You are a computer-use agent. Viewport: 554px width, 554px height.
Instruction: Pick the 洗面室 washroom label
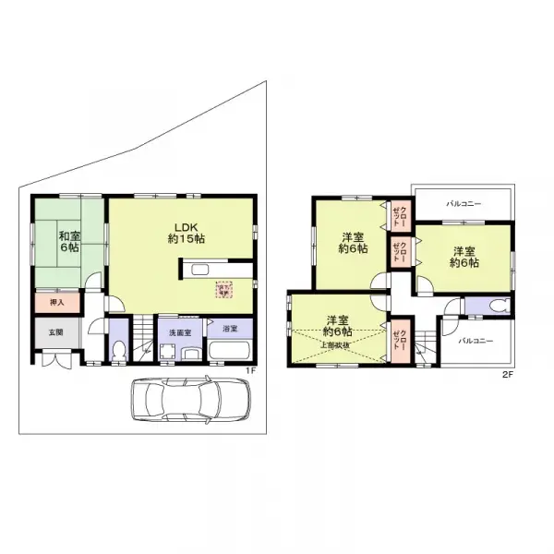coord(179,331)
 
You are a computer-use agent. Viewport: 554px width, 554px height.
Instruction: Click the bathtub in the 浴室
coord(230,354)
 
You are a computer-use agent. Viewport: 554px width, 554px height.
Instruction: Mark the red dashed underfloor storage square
coord(224,290)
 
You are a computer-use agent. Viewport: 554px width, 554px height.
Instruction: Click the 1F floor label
coord(249,372)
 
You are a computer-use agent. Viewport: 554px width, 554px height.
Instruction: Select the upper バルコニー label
coord(464,202)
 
